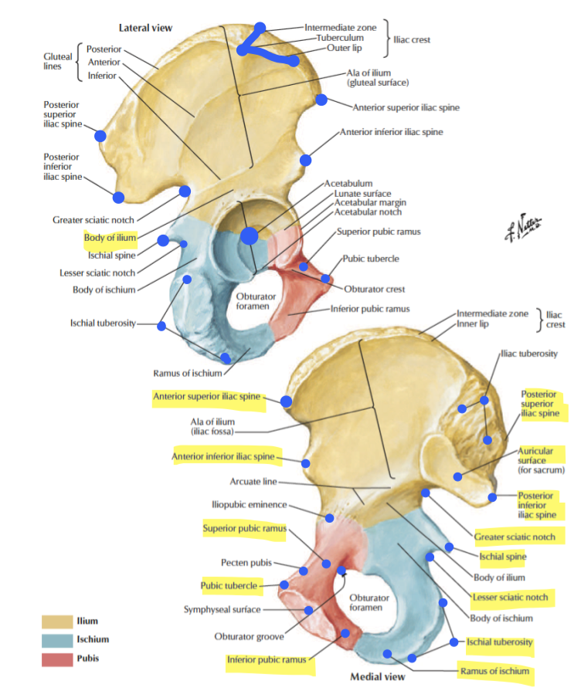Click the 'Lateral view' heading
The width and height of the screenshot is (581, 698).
(x=145, y=28)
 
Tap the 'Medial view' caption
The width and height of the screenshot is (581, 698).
(x=377, y=677)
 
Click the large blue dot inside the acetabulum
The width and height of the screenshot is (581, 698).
(x=249, y=235)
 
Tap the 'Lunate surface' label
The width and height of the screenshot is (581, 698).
(x=362, y=193)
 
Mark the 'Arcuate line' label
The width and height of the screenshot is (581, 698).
(x=253, y=482)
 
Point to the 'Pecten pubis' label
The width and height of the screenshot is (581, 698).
(x=246, y=562)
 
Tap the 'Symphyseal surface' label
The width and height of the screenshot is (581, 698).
(x=224, y=609)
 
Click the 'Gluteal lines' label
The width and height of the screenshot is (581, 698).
(x=58, y=61)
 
